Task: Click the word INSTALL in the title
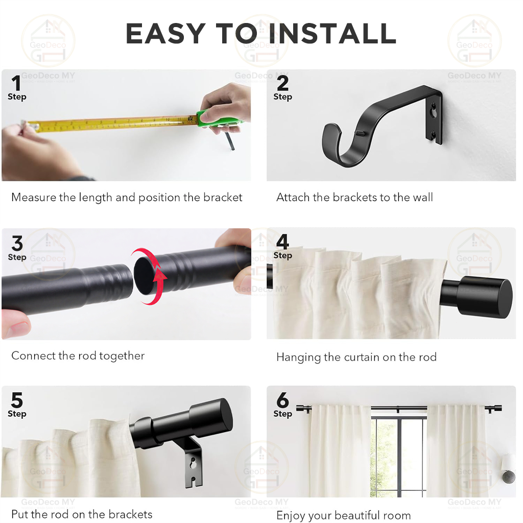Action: tap(332, 33)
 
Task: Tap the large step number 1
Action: tap(16, 83)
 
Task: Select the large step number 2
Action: tap(282, 83)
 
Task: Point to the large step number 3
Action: tap(17, 243)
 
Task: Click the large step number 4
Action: tap(282, 242)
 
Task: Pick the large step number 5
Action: tap(17, 400)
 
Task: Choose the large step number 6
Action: tap(282, 400)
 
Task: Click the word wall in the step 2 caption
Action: tap(422, 197)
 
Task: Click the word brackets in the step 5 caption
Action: tap(131, 514)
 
